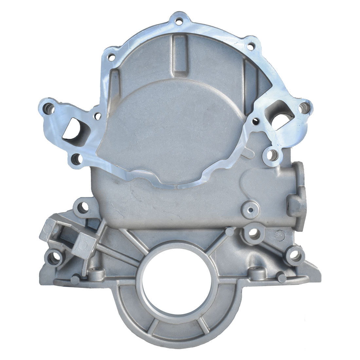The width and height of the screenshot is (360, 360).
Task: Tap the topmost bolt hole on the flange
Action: pos(178,22)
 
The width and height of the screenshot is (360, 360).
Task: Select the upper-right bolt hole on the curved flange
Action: pos(250,47)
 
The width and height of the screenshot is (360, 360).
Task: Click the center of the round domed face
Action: pos(170,128)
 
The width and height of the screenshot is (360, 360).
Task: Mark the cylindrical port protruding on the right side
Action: pos(296,190)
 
